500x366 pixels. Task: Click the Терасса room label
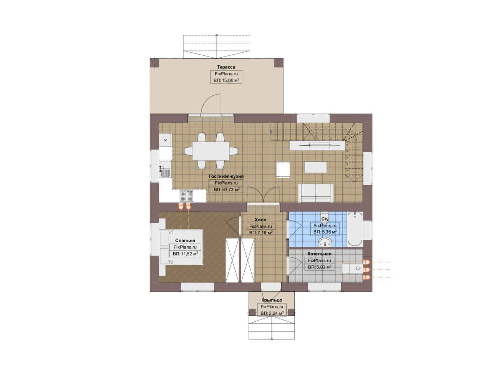point(226,67)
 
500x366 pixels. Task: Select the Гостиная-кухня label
point(226,176)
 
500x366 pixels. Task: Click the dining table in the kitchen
point(211,151)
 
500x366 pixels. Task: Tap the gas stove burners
point(186,196)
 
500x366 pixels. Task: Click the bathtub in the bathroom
point(355,229)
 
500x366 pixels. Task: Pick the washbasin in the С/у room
point(325,242)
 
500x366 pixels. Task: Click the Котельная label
point(320,254)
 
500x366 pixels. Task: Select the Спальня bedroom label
point(185,240)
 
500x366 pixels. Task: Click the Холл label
point(261,220)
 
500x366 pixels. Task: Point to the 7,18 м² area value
point(261,233)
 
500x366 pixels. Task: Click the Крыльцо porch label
point(272,300)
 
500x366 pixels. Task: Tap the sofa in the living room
point(316,193)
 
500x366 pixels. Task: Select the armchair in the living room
point(283,170)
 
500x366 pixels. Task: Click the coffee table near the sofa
point(315,167)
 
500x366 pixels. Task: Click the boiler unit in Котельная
point(353,268)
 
